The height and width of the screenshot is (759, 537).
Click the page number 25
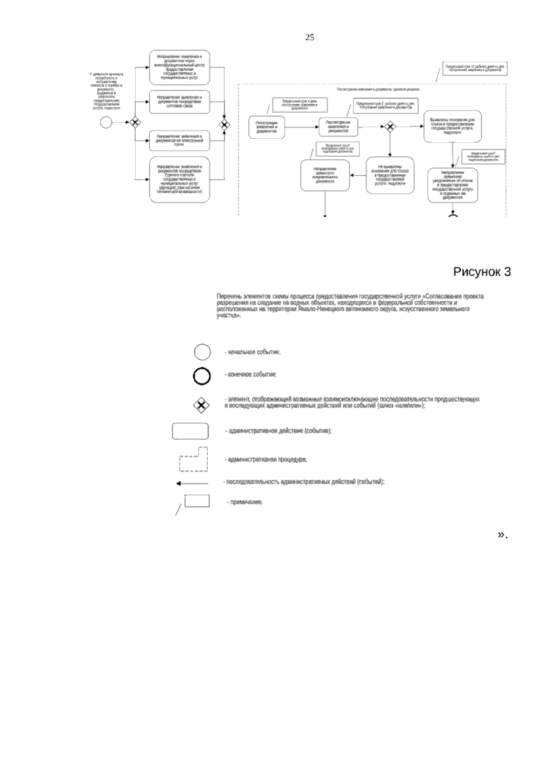[309, 38]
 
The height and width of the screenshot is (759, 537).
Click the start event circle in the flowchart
[106, 122]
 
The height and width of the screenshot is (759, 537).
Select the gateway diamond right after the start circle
[135, 122]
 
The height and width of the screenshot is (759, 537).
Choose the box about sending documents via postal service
[179, 102]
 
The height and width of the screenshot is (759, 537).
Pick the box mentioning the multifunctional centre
[179, 67]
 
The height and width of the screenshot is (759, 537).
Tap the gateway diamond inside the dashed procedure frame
[390, 127]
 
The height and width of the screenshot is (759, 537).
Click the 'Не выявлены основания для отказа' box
[390, 175]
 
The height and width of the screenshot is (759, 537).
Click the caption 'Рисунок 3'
[482, 272]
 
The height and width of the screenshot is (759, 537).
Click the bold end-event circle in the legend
[202, 376]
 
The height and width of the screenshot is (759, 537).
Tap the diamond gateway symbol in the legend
[201, 405]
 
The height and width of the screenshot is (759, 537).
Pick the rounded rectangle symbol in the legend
[190, 431]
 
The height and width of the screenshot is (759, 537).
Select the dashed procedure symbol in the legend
[194, 460]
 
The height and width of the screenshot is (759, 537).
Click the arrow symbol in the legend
[192, 483]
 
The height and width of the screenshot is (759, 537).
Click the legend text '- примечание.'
[245, 502]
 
